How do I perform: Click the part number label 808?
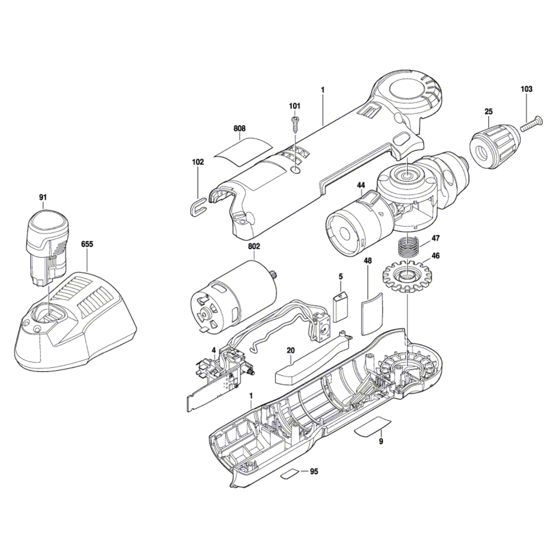(240, 128)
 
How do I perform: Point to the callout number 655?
(87, 243)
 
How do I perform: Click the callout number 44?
(361, 185)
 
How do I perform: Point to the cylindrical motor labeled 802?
(234, 297)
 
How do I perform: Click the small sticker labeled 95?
(291, 474)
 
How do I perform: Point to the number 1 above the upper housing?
(322, 89)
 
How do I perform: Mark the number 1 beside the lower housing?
(251, 395)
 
